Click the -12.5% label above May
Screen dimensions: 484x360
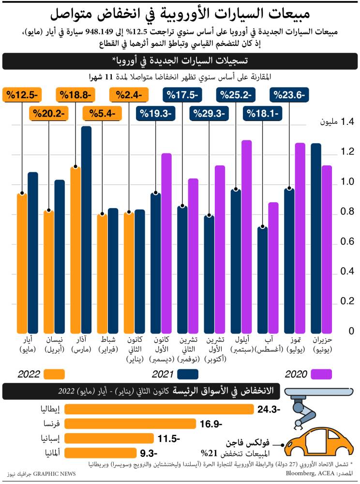click(x=21, y=95)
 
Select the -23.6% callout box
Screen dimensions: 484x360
click(x=289, y=95)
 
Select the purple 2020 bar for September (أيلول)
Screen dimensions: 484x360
click(x=247, y=236)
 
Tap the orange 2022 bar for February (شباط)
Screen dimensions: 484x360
click(x=102, y=272)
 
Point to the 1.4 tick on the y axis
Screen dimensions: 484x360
click(x=334, y=122)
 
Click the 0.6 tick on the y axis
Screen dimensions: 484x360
click(x=334, y=242)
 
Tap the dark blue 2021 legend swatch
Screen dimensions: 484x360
click(x=188, y=374)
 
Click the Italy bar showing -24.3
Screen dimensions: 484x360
click(x=159, y=409)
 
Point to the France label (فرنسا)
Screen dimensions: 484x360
click(x=51, y=424)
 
